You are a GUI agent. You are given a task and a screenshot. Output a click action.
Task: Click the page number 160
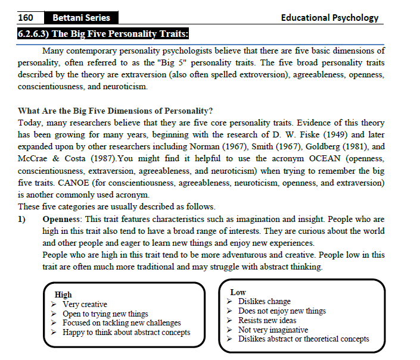click(26, 18)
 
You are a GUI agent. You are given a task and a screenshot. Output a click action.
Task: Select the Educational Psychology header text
click(329, 18)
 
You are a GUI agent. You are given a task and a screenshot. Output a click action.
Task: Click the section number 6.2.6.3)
click(38, 34)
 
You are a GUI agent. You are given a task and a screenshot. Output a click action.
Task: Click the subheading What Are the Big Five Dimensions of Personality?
click(116, 111)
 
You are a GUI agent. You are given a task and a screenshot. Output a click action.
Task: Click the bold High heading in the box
click(63, 295)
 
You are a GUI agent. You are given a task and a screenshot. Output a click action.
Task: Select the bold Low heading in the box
click(238, 292)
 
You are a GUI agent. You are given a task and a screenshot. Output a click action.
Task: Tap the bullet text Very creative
click(85, 305)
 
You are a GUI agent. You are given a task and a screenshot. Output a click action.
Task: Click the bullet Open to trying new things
click(105, 314)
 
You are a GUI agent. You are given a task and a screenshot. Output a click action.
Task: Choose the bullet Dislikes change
click(265, 302)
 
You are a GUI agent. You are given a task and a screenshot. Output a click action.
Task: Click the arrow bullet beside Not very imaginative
click(230, 330)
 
